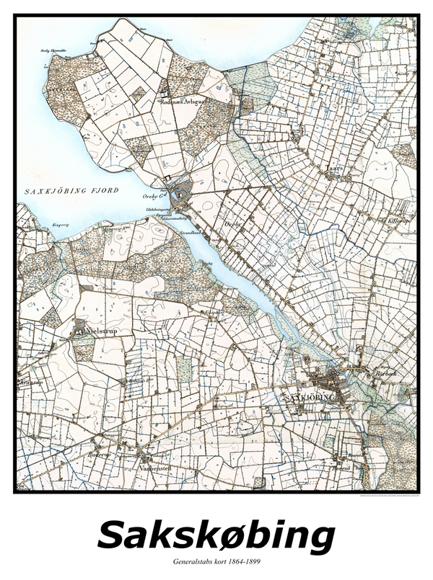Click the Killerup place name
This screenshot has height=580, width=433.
tap(399, 220)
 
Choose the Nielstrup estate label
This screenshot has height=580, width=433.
tap(102, 332)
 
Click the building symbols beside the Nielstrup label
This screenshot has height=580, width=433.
tap(79, 332)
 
